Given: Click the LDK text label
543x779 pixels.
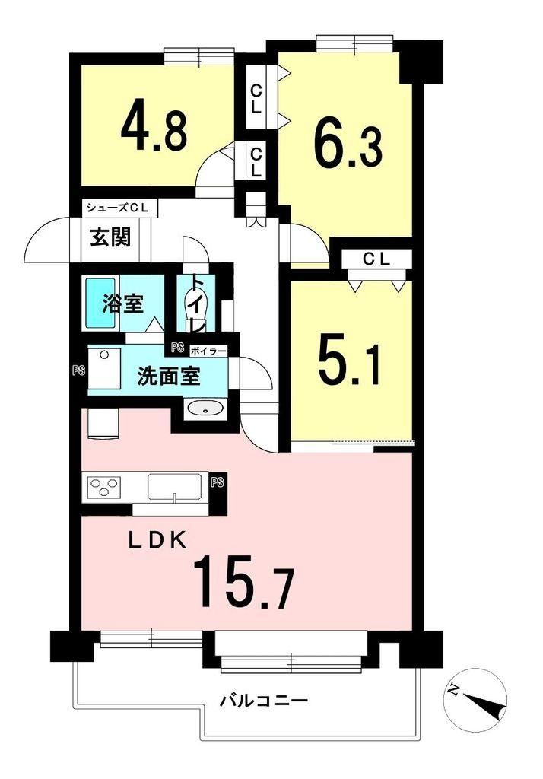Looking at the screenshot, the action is click(158, 540).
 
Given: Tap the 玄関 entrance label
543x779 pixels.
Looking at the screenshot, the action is click(110, 237).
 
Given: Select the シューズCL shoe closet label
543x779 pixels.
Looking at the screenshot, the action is click(118, 208).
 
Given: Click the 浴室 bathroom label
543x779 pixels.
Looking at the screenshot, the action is click(123, 304).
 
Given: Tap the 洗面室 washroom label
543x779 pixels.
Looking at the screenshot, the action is click(168, 377).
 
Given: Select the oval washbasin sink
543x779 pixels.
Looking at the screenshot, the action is click(205, 409).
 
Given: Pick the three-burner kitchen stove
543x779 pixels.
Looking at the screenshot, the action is click(104, 485).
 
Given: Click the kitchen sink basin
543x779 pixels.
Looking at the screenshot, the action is click(174, 488).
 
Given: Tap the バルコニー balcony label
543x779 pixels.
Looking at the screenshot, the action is click(264, 701).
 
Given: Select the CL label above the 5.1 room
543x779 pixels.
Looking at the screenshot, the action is click(376, 259).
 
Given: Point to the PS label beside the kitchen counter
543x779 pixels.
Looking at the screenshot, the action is click(217, 482).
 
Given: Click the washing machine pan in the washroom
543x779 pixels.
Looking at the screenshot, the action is click(104, 367).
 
